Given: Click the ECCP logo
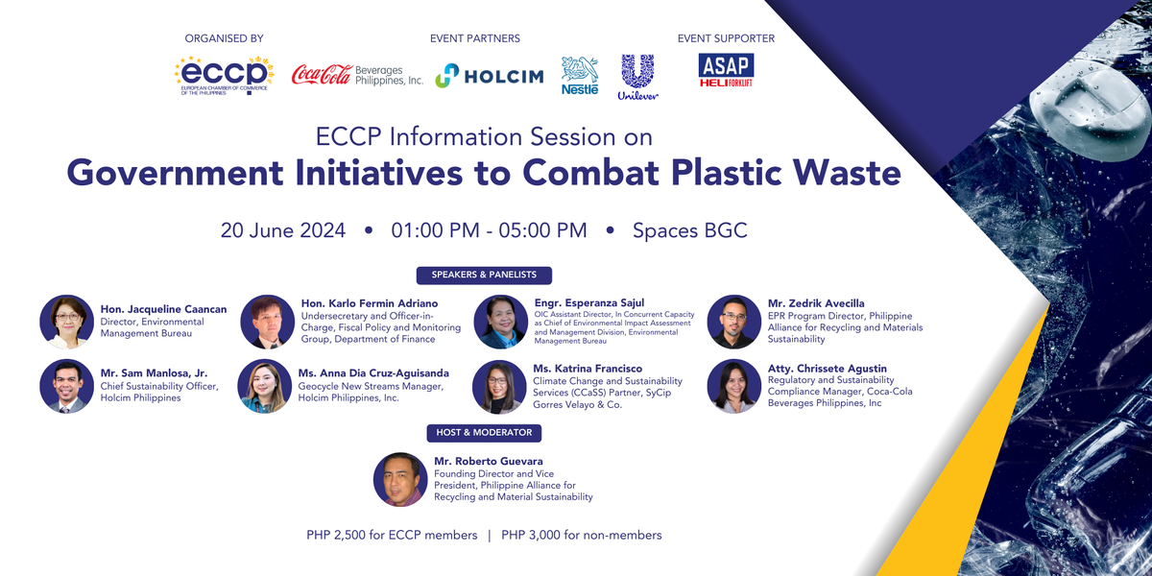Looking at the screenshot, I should tap(224, 75).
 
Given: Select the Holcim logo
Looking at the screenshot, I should tap(490, 76).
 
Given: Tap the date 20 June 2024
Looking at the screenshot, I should tap(283, 230).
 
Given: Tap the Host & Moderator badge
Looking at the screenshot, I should tap(478, 433).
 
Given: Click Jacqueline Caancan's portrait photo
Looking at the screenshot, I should tap(67, 321).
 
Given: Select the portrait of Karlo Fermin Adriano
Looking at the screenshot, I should tap(267, 321).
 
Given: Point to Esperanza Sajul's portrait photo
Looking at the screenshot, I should tap(500, 321).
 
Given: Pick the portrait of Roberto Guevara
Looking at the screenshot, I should tap(400, 479).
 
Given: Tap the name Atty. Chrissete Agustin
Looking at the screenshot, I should tap(828, 369).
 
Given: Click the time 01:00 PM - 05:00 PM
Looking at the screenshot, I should tap(489, 230).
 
